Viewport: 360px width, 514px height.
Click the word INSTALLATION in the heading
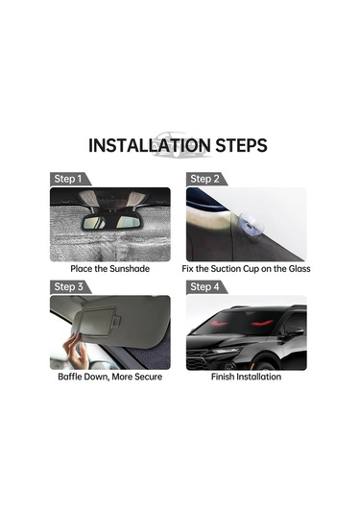[150, 145]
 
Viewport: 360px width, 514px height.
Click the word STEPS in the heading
[241, 145]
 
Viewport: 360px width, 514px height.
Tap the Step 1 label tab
[70, 179]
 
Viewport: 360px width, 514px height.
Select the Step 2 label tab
[206, 179]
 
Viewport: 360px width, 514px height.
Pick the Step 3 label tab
[70, 287]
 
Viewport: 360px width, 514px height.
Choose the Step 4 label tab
[206, 287]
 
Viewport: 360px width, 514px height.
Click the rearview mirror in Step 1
[110, 222]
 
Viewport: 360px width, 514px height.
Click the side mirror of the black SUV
[291, 332]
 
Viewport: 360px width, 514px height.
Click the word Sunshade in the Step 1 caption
[130, 269]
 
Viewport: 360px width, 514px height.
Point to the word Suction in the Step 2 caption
[226, 269]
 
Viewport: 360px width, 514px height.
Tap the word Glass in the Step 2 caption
[300, 269]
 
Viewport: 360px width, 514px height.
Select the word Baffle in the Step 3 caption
[70, 377]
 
